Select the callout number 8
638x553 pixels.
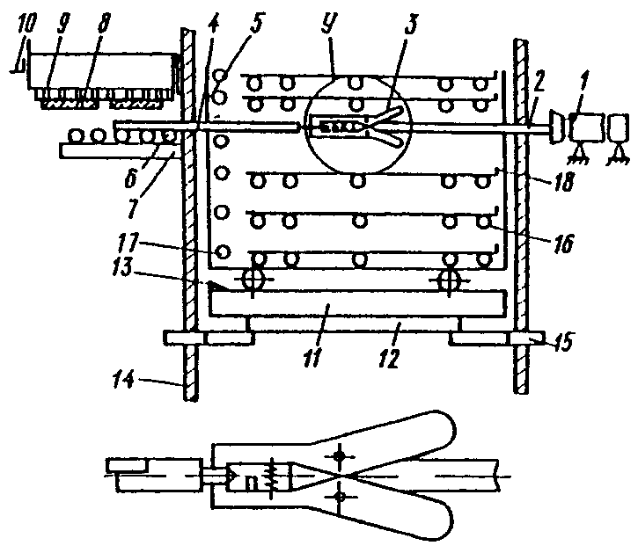click(103, 25)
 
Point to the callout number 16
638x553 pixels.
click(563, 244)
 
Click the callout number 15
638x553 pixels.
click(561, 341)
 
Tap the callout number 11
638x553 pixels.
click(313, 356)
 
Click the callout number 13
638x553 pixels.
click(123, 267)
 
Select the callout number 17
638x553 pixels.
click(129, 242)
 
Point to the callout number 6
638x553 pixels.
click(130, 178)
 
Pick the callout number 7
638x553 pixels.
click(134, 206)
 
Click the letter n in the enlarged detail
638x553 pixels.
click(252, 483)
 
